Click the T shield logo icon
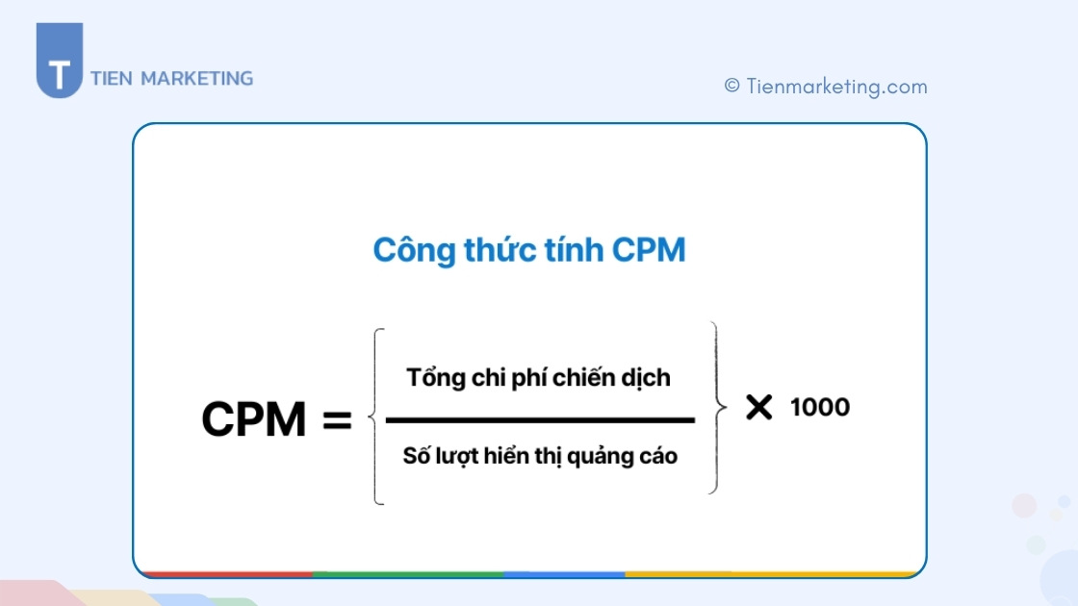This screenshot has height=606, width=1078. [59, 63]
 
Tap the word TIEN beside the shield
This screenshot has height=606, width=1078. [112, 79]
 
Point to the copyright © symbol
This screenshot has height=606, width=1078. [732, 87]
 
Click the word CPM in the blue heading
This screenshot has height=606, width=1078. [649, 250]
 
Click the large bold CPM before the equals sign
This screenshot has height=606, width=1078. [253, 420]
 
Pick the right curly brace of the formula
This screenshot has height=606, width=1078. [714, 409]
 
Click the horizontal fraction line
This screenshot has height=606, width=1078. [539, 420]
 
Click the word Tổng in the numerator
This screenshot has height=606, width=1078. [436, 378]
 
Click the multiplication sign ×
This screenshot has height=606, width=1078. [758, 407]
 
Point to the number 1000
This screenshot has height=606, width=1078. [820, 407]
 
